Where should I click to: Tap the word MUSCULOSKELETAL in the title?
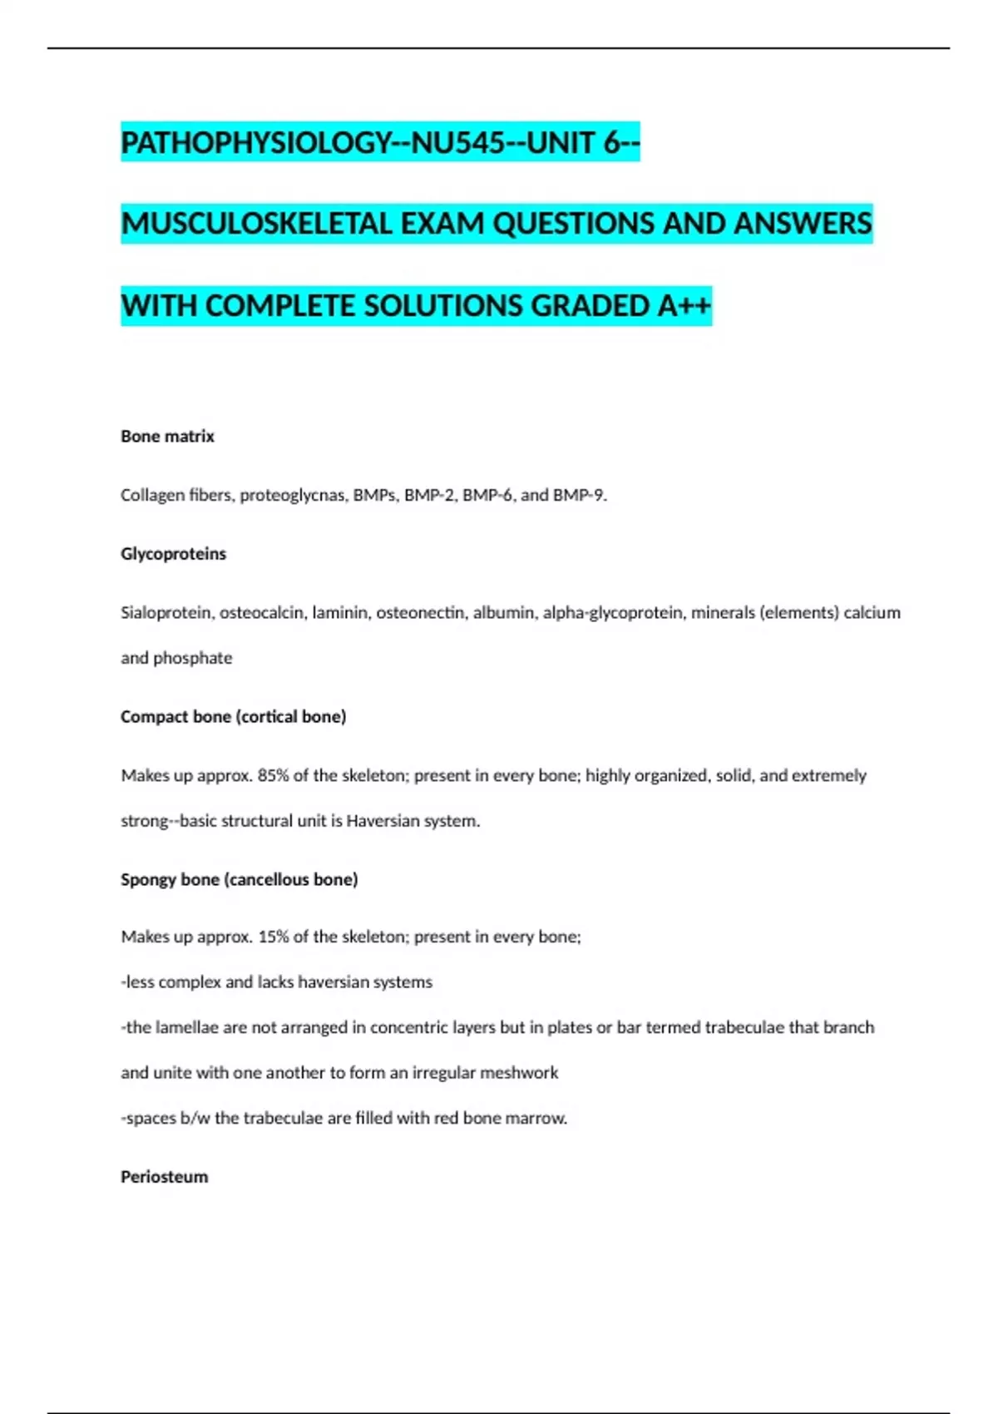tap(257, 224)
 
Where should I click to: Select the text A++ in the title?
tap(684, 306)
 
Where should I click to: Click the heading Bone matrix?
tap(167, 437)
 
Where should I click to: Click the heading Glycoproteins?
tap(173, 554)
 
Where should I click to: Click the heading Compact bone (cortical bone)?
tap(233, 717)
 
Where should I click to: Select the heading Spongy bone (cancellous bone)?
tap(239, 880)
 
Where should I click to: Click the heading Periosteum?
tap(164, 1177)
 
